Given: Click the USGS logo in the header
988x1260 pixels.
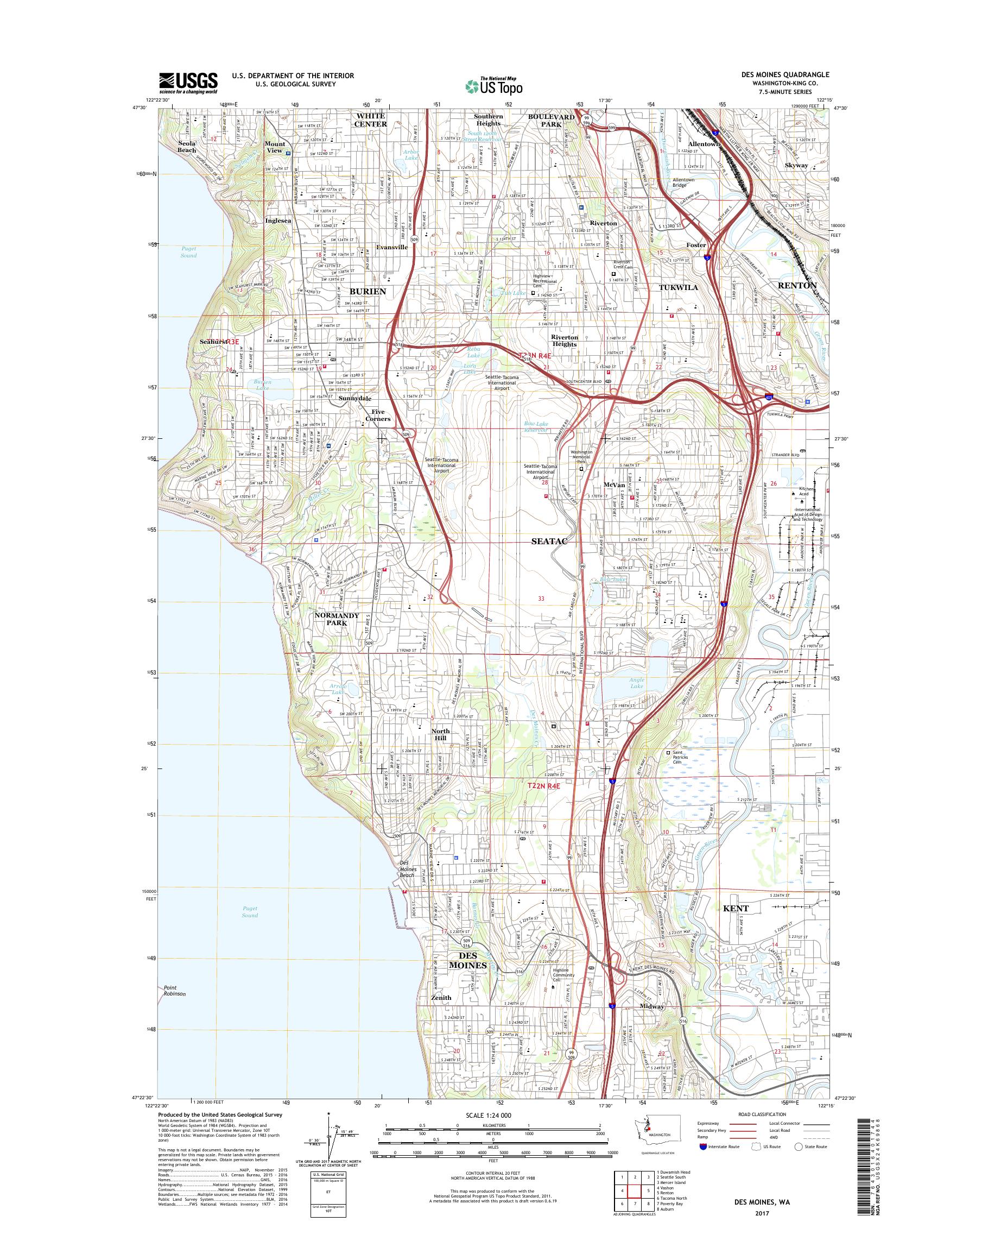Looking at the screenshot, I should [x=188, y=83].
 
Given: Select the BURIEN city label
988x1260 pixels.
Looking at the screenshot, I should [x=368, y=291].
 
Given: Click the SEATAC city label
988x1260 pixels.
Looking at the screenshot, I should [x=548, y=540].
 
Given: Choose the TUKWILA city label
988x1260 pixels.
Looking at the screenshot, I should [x=679, y=287].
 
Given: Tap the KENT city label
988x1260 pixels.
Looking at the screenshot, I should [x=736, y=908].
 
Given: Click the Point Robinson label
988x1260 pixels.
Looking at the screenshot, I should [x=175, y=990].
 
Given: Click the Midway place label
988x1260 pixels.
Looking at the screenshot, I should [x=653, y=1006].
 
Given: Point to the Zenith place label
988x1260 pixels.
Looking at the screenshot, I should [x=441, y=997].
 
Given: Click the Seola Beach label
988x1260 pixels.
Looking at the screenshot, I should [x=187, y=147].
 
